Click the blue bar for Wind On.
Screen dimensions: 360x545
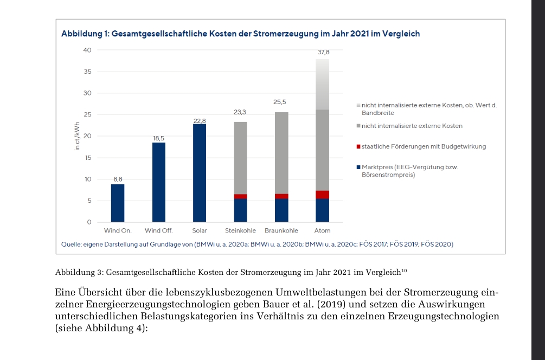point(118,203)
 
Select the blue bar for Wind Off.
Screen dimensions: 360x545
point(158,182)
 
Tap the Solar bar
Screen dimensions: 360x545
point(199,172)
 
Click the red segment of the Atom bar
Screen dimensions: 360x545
point(322,195)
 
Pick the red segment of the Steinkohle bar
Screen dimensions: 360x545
point(240,196)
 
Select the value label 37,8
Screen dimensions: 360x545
point(323,53)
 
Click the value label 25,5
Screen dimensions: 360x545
point(280,102)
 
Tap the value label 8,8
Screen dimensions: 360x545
point(118,178)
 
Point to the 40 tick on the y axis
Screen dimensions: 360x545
point(87,50)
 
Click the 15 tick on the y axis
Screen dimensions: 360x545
point(88,158)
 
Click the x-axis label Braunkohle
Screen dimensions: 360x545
point(281,231)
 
